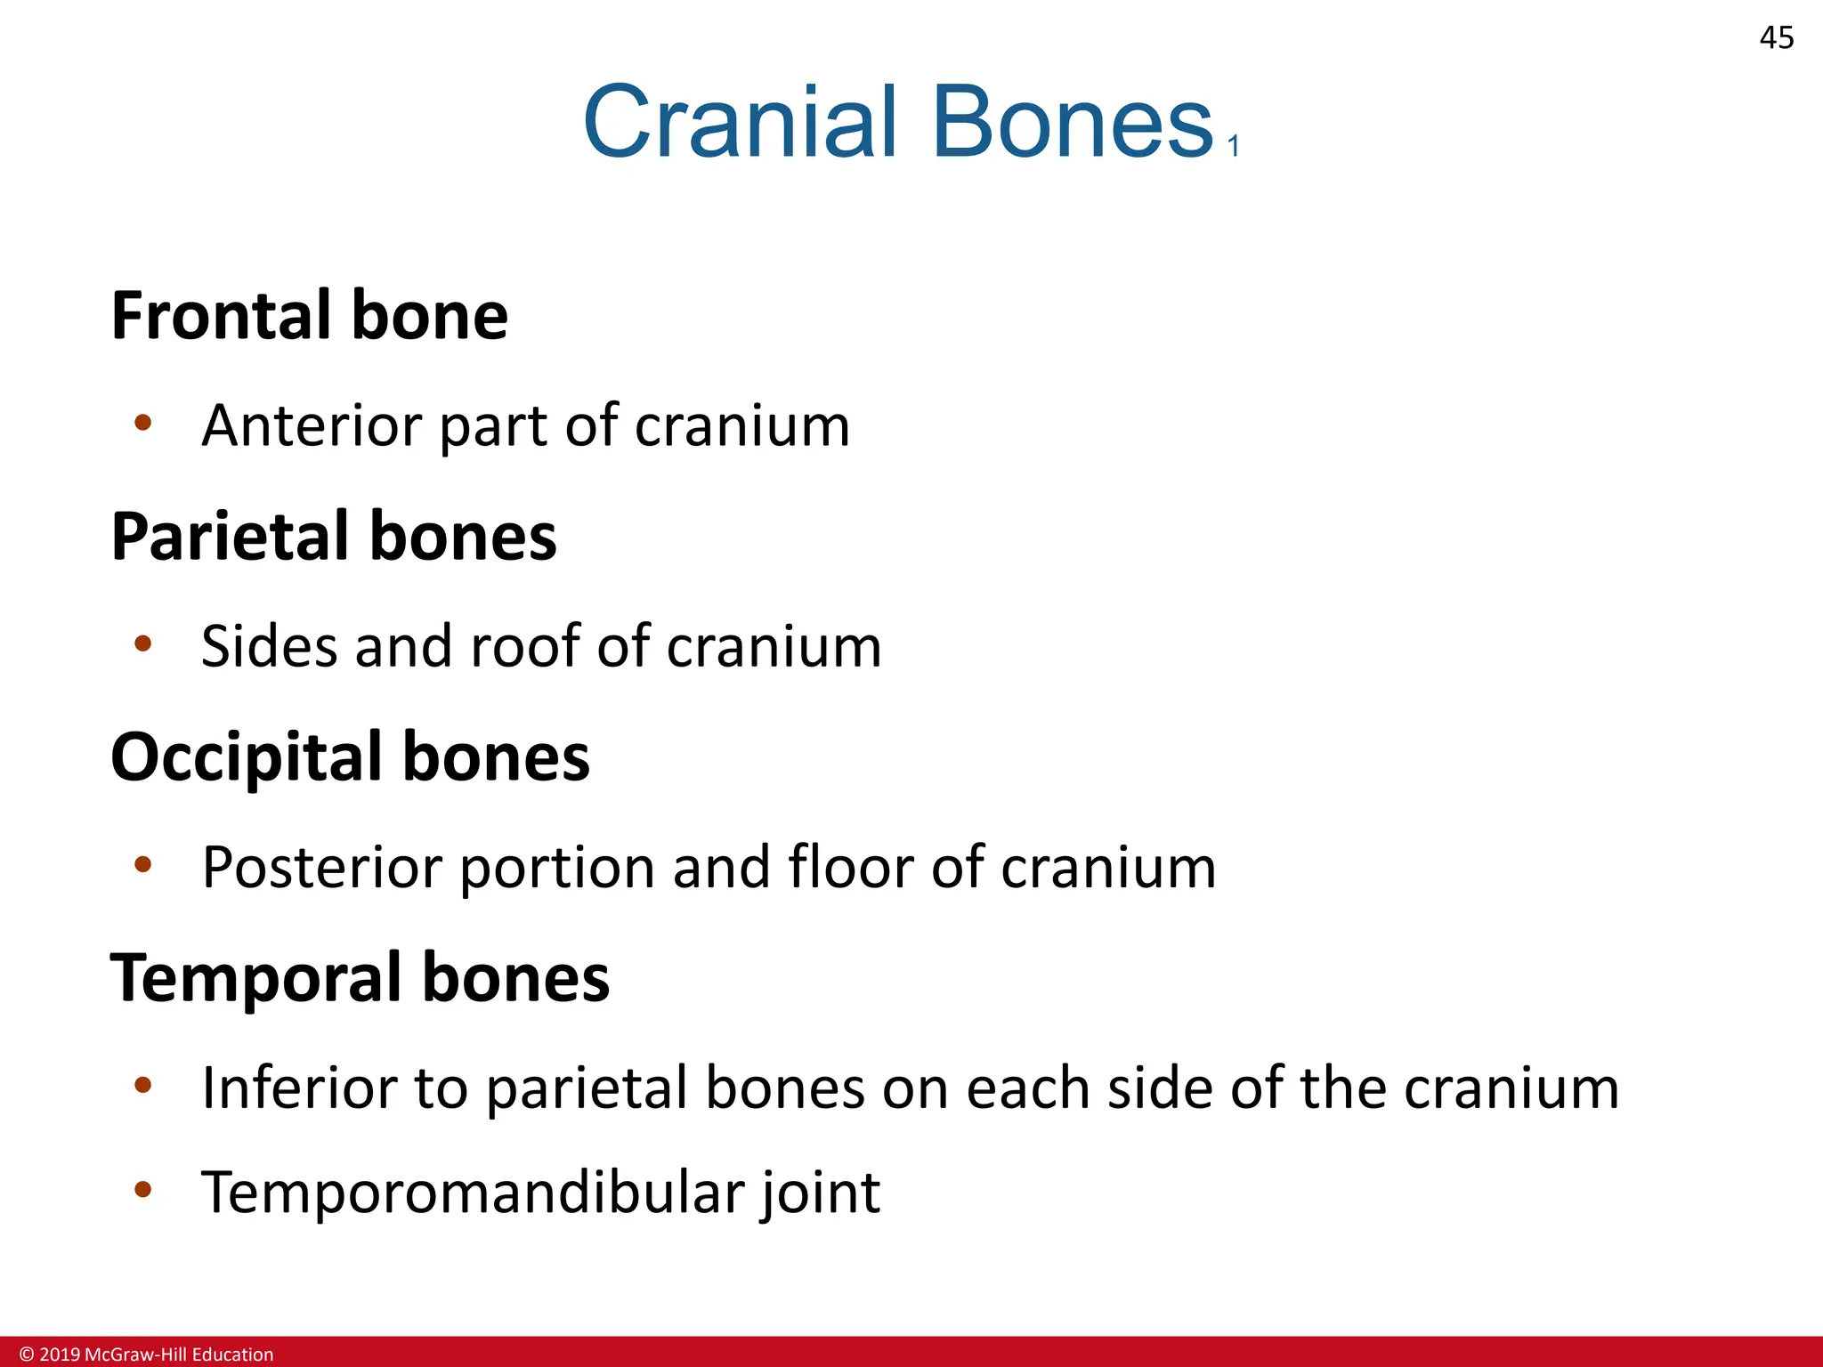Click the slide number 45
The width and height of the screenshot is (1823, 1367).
click(1776, 38)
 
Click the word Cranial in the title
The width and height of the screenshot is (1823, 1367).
click(739, 123)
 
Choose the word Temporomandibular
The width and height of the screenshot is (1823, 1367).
click(472, 1192)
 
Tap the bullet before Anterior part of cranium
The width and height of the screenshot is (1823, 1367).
click(142, 422)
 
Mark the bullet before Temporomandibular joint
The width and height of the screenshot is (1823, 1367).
click(142, 1189)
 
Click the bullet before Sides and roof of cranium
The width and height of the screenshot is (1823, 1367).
click(142, 643)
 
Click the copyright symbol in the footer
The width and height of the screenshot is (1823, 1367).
click(26, 1355)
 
